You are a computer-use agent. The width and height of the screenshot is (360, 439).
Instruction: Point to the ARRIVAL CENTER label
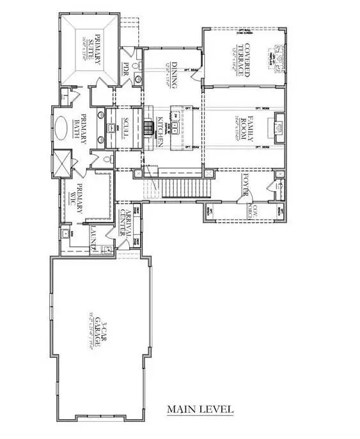(130, 225)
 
